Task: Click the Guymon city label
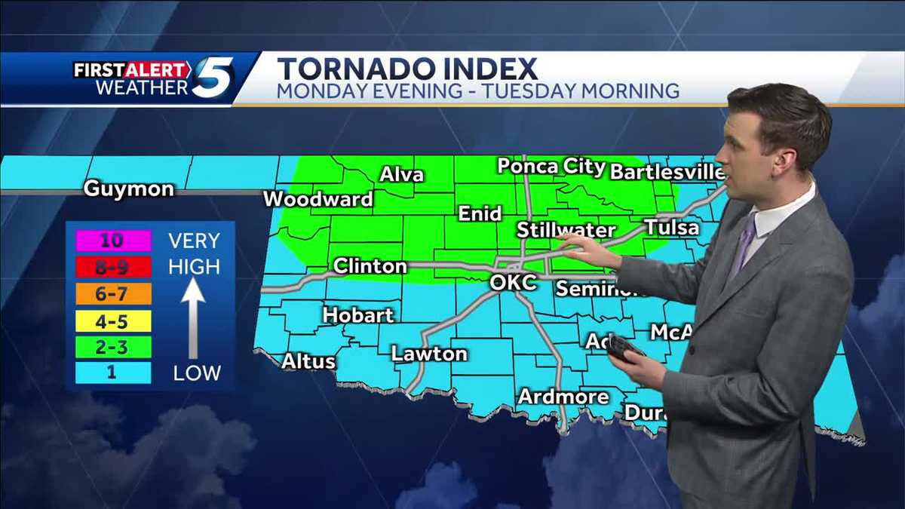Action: pos(128,189)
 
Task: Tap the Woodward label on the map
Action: pos(318,199)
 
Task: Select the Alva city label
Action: pos(401,175)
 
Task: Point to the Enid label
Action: pos(480,214)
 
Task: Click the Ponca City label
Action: pos(551,167)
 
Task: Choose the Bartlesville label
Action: pos(667,172)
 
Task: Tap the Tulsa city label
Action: pos(671,227)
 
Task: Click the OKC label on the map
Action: pos(513,284)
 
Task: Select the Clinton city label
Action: pos(370,266)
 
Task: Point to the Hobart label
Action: pos(358,314)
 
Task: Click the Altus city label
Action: pos(308,361)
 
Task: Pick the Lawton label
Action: pos(429,353)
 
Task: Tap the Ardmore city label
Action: pos(563,397)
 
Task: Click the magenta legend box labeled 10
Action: pos(113,241)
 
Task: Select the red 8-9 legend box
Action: pos(113,267)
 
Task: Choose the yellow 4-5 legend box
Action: pos(113,321)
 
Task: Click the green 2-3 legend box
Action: pos(113,347)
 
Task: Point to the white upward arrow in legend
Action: pos(193,317)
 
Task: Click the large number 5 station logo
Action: pos(213,78)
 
